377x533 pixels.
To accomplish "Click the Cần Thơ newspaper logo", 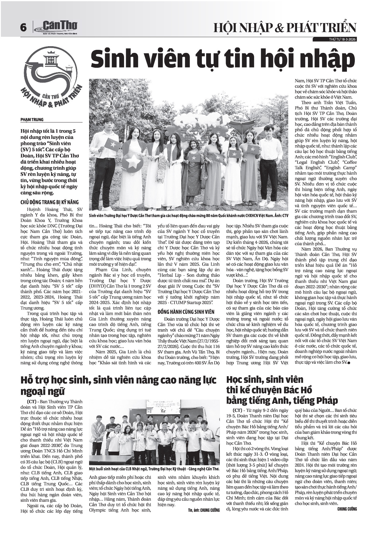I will tap(56, 27).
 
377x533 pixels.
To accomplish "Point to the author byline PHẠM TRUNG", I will tap(32, 119).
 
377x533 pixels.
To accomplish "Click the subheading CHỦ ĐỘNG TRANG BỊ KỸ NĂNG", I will tap(50, 202).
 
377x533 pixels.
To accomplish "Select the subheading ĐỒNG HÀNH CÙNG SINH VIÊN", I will tap(186, 312).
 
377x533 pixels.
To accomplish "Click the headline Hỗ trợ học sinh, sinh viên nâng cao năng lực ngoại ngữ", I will tap(118, 385).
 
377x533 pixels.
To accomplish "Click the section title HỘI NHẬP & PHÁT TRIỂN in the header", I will tap(285, 28).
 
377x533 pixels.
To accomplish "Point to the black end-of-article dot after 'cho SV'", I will tap(348, 363).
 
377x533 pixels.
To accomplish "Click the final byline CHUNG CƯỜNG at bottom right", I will tap(347, 509).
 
